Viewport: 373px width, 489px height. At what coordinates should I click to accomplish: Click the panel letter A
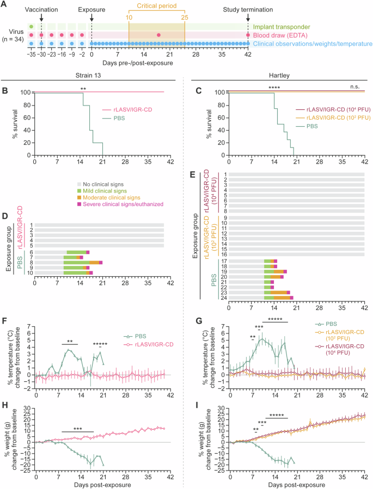pos(4,5)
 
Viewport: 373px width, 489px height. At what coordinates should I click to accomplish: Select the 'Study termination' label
pos(248,10)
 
